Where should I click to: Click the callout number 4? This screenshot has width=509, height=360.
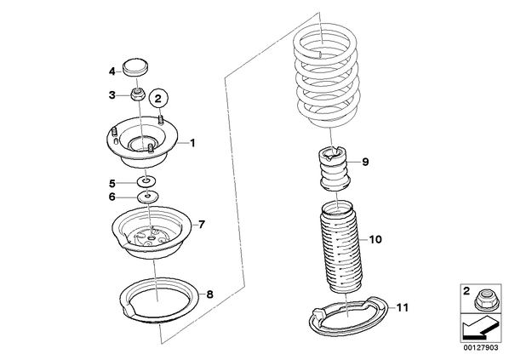(x=112, y=71)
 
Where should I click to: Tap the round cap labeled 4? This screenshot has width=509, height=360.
(x=135, y=68)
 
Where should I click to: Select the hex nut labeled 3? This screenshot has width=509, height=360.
(x=138, y=94)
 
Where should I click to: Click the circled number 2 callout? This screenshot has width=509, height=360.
(x=158, y=98)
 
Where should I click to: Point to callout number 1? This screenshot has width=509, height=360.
(x=192, y=142)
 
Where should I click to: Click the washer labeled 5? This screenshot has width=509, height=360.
(x=146, y=182)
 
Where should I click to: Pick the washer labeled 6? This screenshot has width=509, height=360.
(x=149, y=197)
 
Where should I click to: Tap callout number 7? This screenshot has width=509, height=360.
(x=201, y=224)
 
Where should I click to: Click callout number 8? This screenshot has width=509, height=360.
(x=209, y=294)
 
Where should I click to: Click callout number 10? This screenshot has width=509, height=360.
(x=375, y=239)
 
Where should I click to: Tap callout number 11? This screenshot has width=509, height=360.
(x=402, y=307)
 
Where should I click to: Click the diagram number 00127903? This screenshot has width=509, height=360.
(x=480, y=348)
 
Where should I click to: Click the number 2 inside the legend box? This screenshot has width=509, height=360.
(x=466, y=291)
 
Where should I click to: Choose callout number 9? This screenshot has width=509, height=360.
(x=365, y=162)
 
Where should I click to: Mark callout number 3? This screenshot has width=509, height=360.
(x=112, y=95)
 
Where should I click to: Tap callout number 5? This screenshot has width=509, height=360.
(x=112, y=184)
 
